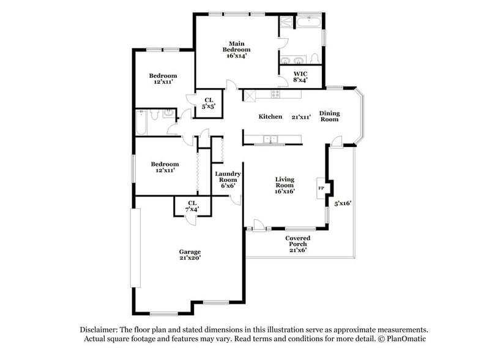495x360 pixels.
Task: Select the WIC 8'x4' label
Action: tap(300, 76)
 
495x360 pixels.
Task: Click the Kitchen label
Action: tap(270, 116)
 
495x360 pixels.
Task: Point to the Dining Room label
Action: tap(329, 116)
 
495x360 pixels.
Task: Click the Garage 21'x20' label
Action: tap(190, 255)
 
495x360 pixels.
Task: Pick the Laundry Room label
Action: tap(228, 177)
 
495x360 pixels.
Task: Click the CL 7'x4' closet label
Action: tap(192, 206)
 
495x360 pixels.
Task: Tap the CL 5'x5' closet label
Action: tap(209, 103)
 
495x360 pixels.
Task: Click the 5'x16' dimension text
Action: tap(343, 203)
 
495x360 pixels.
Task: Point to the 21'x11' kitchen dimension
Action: tap(302, 116)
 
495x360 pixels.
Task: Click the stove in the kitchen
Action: tap(275, 95)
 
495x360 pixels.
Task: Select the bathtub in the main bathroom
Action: tap(310, 23)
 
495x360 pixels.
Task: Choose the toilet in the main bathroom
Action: tap(314, 58)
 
